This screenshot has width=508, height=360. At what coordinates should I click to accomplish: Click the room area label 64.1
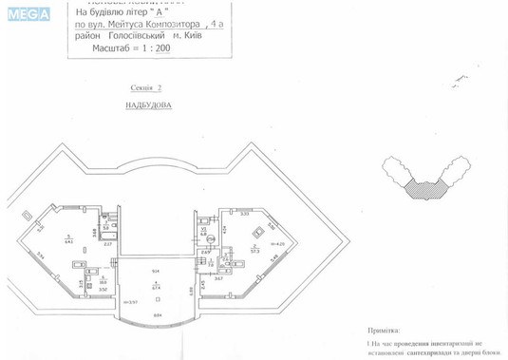[x=68, y=239]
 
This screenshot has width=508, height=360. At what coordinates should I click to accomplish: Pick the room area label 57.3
[x=255, y=251]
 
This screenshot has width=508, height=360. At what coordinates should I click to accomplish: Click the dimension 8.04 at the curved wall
[x=157, y=314]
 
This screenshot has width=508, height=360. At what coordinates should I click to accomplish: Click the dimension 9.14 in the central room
[x=156, y=273]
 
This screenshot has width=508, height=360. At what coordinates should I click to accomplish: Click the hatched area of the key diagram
[x=423, y=186]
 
